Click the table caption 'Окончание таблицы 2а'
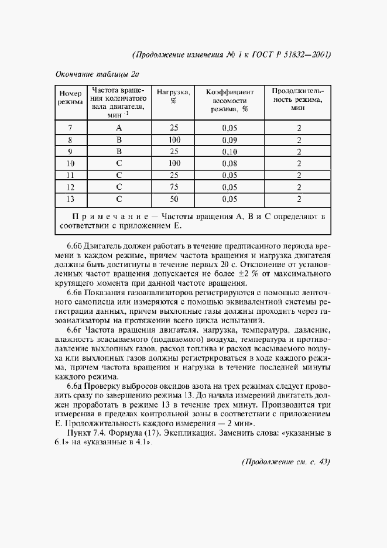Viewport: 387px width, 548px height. (97, 74)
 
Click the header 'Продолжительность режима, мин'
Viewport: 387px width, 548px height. (299, 101)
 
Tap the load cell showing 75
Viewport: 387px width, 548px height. (174, 187)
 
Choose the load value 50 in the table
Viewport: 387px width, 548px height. (174, 199)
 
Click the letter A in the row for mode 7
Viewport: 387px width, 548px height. (118, 128)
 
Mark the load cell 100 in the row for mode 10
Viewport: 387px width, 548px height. (174, 163)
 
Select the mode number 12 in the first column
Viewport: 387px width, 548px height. (70, 187)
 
